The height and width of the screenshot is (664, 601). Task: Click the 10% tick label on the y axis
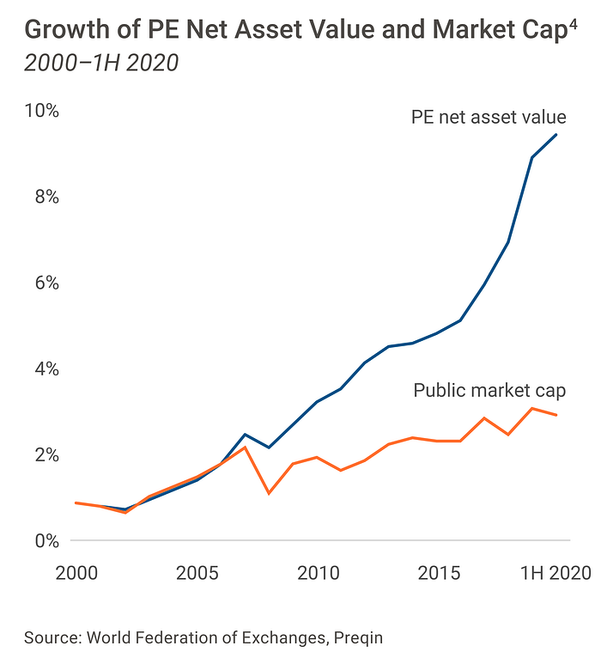40,112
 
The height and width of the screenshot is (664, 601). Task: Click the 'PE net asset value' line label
489,117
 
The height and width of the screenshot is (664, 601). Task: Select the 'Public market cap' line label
489,391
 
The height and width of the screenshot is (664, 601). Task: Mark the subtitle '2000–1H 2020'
101,63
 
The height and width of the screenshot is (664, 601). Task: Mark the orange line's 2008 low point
269,493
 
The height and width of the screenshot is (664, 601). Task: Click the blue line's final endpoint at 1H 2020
557,135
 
